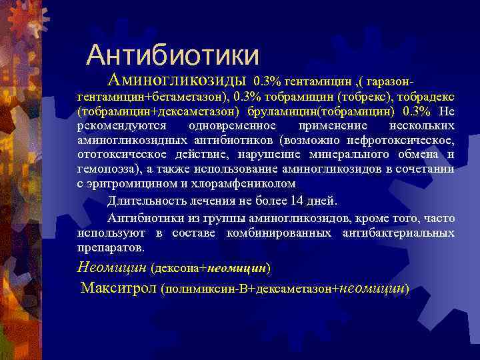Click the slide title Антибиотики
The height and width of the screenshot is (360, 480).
point(173,55)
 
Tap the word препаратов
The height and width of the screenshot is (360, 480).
point(110,247)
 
